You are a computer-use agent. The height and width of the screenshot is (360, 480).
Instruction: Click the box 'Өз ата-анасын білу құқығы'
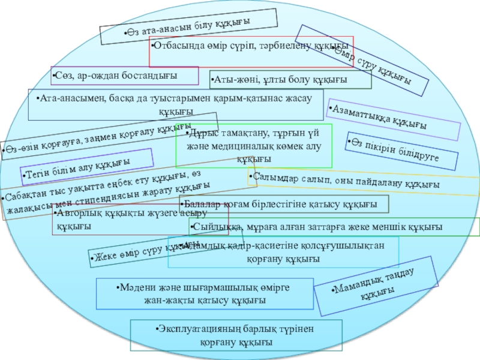pyautogui.click(x=188, y=26)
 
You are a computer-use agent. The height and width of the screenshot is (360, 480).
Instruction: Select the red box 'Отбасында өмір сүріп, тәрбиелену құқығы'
pyautogui.click(x=251, y=47)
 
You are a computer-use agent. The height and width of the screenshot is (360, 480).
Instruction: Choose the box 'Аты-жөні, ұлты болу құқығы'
pyautogui.click(x=290, y=80)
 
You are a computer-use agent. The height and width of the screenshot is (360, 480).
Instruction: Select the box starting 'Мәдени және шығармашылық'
pyautogui.click(x=205, y=293)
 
